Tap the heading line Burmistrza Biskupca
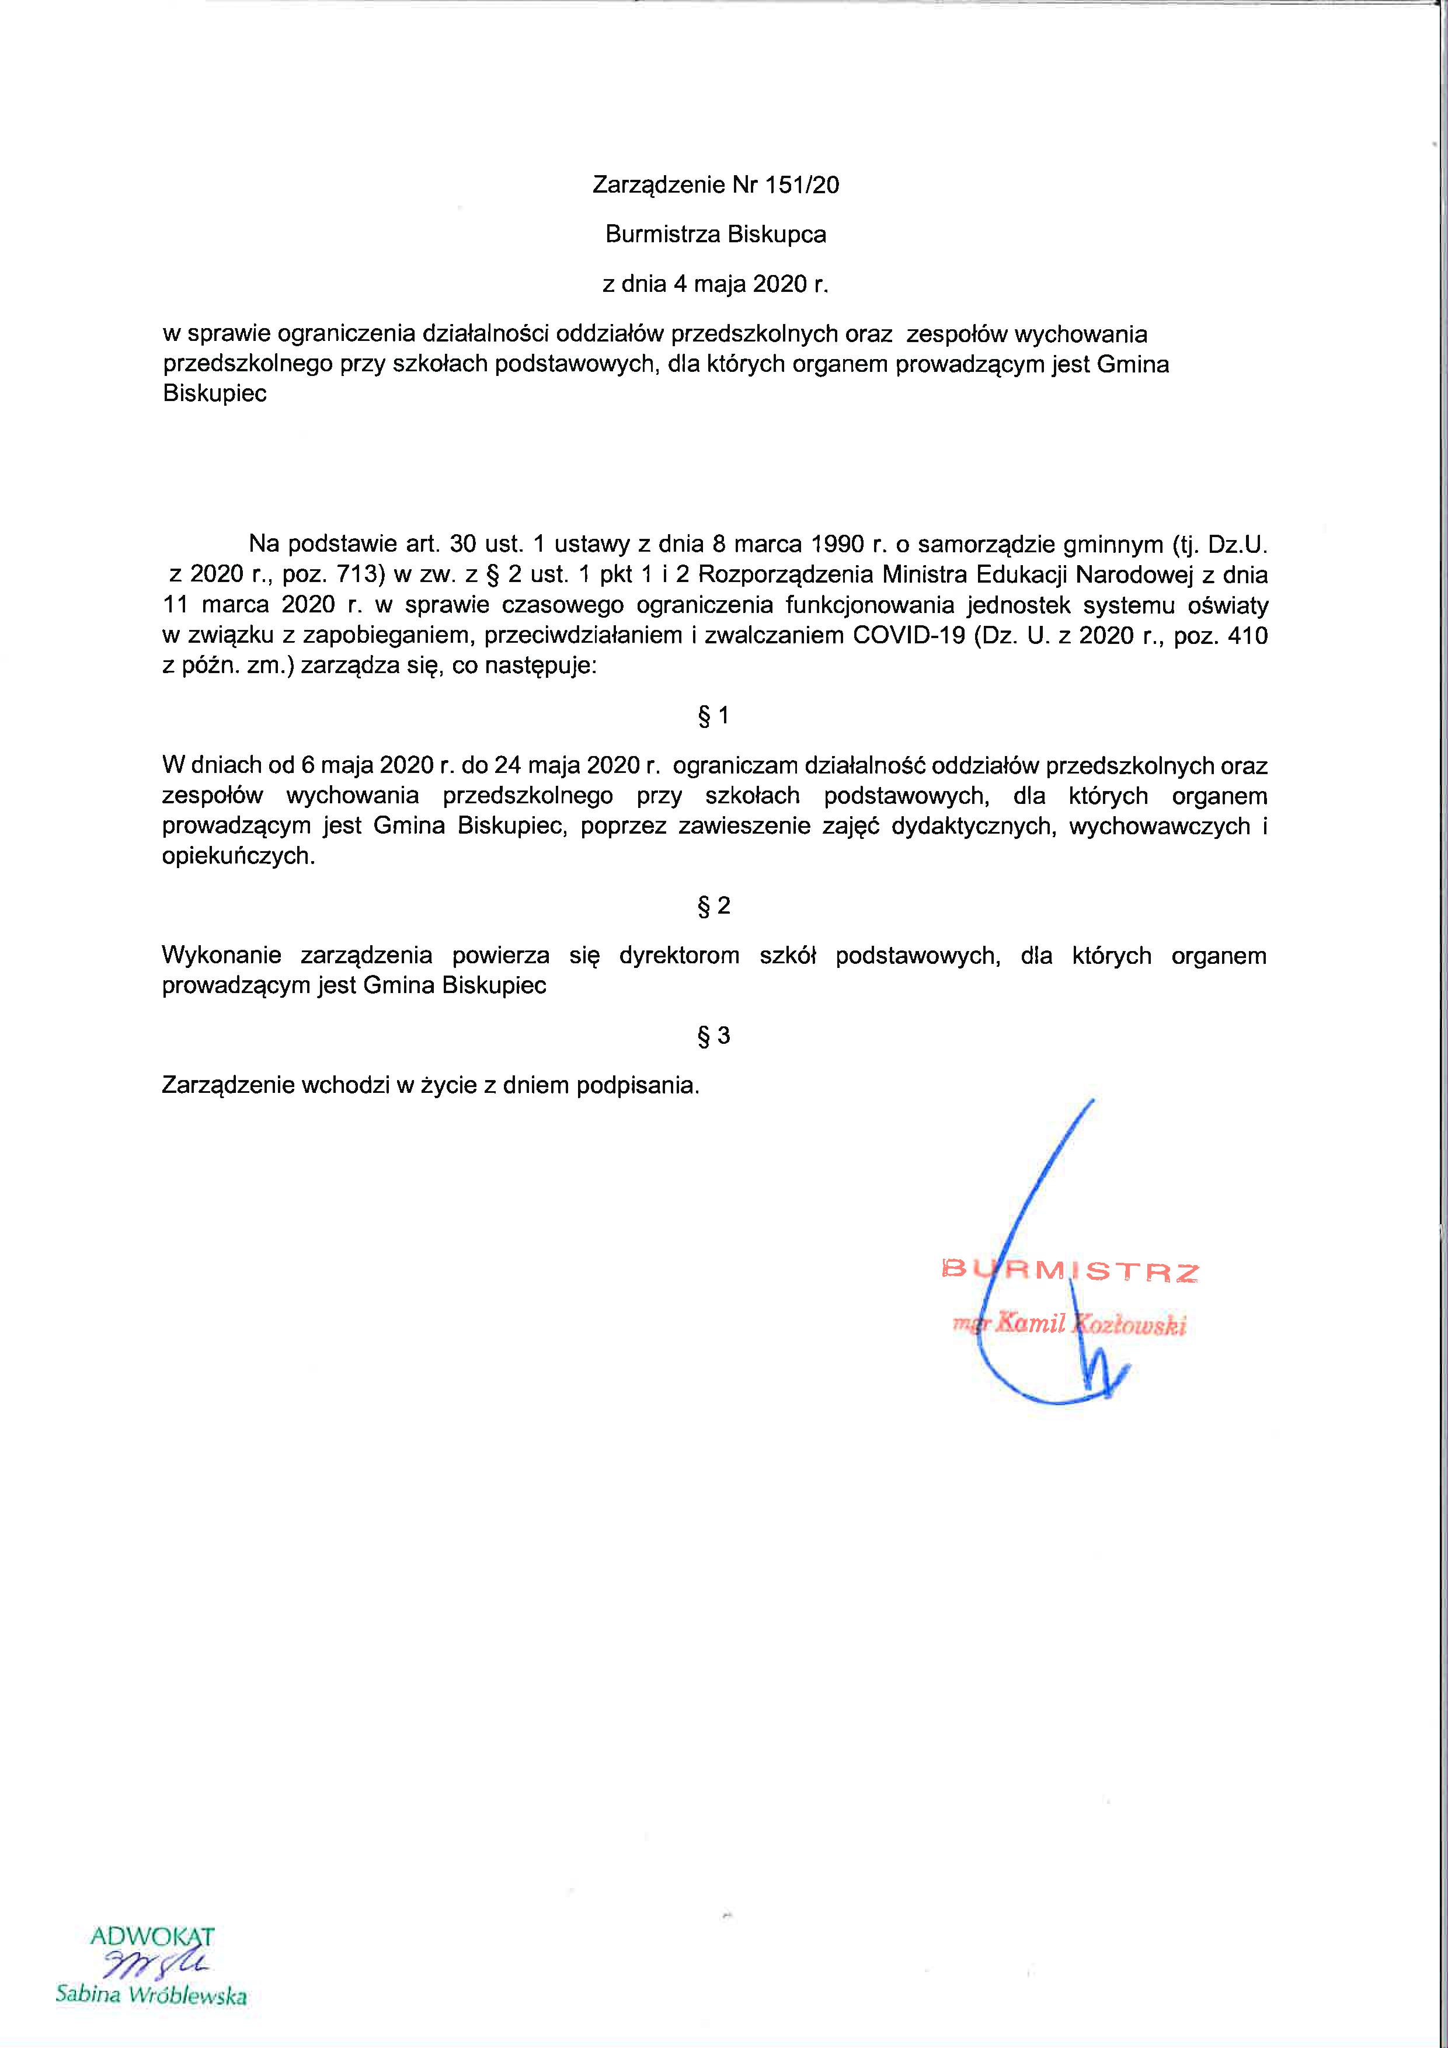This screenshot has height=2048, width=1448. coord(715,235)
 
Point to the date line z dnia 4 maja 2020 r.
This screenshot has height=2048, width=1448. coord(715,284)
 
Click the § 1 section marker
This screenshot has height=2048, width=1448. coord(713,715)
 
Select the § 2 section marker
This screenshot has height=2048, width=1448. coord(713,906)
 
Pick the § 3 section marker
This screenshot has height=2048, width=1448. coord(713,1036)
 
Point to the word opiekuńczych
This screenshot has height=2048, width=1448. coord(238,857)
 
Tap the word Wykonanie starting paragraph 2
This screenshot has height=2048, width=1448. coord(221,956)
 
